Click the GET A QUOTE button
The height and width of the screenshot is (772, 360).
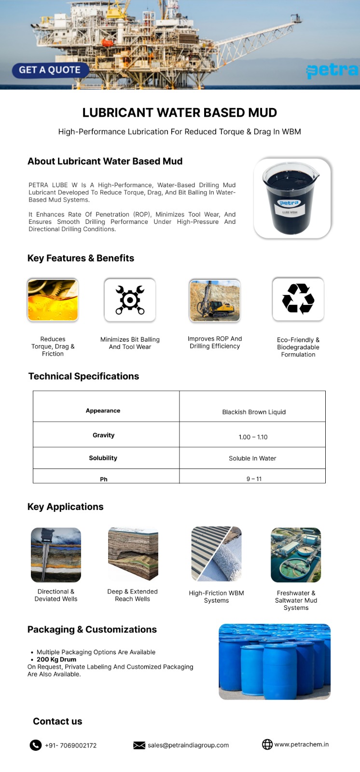point(50,70)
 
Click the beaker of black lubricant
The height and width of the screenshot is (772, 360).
point(292,198)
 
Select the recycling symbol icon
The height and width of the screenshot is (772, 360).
point(298,299)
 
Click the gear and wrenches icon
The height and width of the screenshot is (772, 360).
point(130,300)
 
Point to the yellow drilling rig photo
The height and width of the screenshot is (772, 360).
point(215,300)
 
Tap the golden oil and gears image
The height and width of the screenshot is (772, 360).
point(53,300)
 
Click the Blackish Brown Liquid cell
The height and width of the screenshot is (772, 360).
point(253,412)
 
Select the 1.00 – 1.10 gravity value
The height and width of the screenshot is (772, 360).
point(253,437)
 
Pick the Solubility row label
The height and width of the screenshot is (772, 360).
point(103,458)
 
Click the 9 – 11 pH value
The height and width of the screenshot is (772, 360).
point(254,479)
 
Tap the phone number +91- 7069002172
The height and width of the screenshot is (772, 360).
point(70,745)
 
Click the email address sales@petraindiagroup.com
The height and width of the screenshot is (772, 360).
point(188,745)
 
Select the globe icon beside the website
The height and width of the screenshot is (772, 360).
point(267,744)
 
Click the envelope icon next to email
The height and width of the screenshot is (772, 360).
point(139,745)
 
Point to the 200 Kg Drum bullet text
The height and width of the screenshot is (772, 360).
point(56,660)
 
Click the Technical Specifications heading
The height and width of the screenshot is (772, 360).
point(83,376)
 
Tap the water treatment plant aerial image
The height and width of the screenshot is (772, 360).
point(296,555)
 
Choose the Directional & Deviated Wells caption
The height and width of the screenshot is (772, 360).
point(56,595)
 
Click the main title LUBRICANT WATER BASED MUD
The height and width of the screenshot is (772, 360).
point(180,112)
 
